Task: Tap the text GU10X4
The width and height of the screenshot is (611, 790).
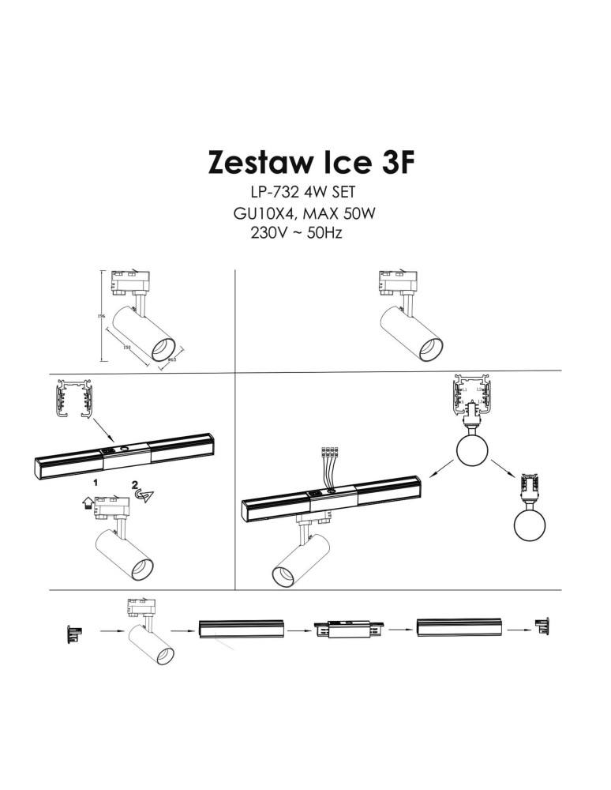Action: point(261,214)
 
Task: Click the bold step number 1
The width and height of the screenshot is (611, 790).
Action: point(96,480)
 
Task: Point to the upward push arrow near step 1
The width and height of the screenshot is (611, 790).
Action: point(86,500)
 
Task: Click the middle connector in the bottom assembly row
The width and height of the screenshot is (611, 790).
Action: point(347,630)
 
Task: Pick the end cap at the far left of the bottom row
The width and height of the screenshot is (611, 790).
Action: point(73,631)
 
